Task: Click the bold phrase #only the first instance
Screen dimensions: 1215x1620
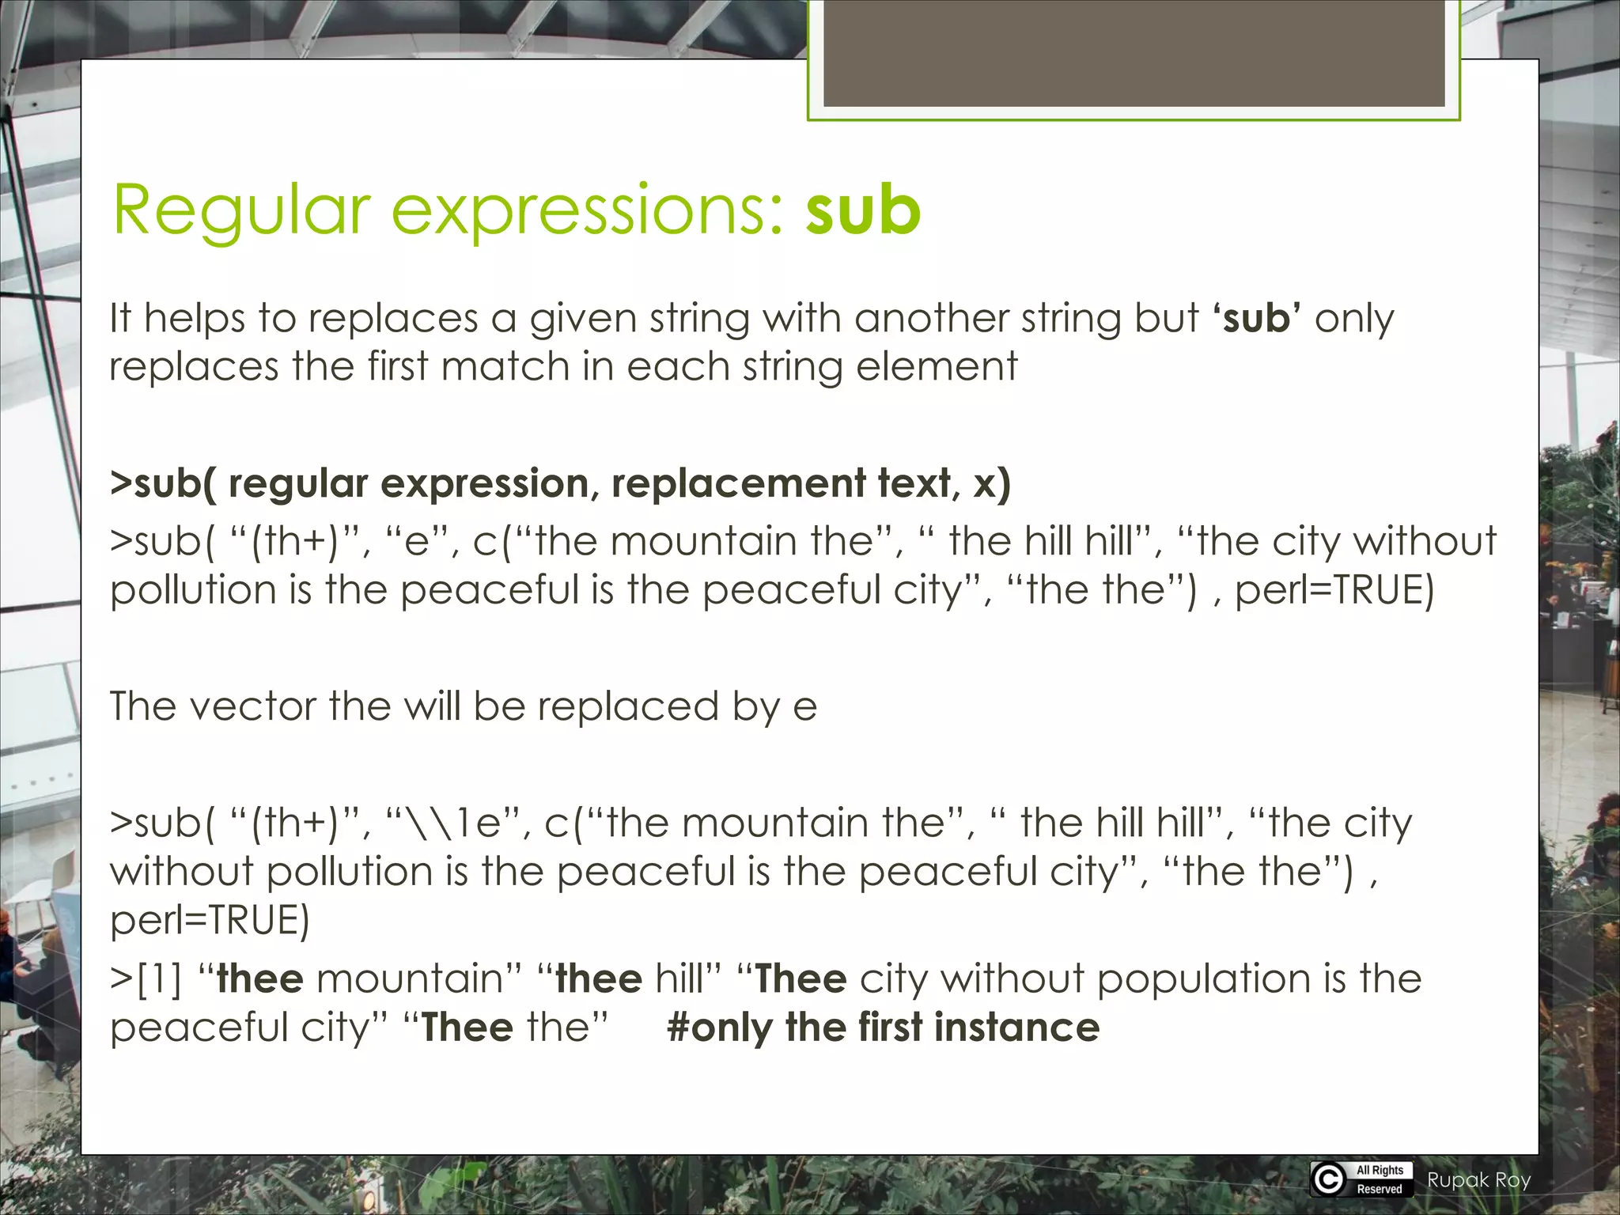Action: point(883,1027)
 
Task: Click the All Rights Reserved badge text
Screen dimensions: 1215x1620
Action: point(1380,1179)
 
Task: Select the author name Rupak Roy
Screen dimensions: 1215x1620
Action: point(1478,1180)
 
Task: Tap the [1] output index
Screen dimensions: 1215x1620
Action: point(160,979)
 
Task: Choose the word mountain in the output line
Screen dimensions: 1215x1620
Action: point(410,978)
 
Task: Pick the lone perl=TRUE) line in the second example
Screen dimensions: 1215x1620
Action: point(210,920)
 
